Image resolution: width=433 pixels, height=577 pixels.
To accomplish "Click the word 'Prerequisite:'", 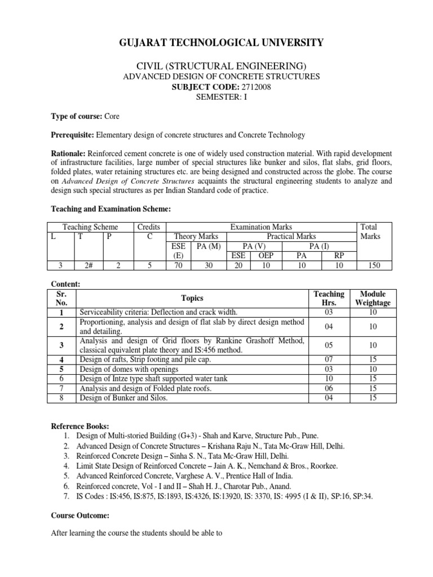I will (x=73, y=135).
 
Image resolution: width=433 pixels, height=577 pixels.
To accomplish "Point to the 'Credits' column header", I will (x=149, y=227).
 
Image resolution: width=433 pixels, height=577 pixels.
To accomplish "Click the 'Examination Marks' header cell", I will (x=261, y=227).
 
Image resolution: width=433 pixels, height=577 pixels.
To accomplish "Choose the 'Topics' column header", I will (x=192, y=298).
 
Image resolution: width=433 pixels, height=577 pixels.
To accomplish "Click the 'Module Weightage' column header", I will (x=373, y=299).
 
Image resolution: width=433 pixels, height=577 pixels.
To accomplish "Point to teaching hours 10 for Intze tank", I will (x=328, y=379).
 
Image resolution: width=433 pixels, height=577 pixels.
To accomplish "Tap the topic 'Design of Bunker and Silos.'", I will (x=125, y=398).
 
